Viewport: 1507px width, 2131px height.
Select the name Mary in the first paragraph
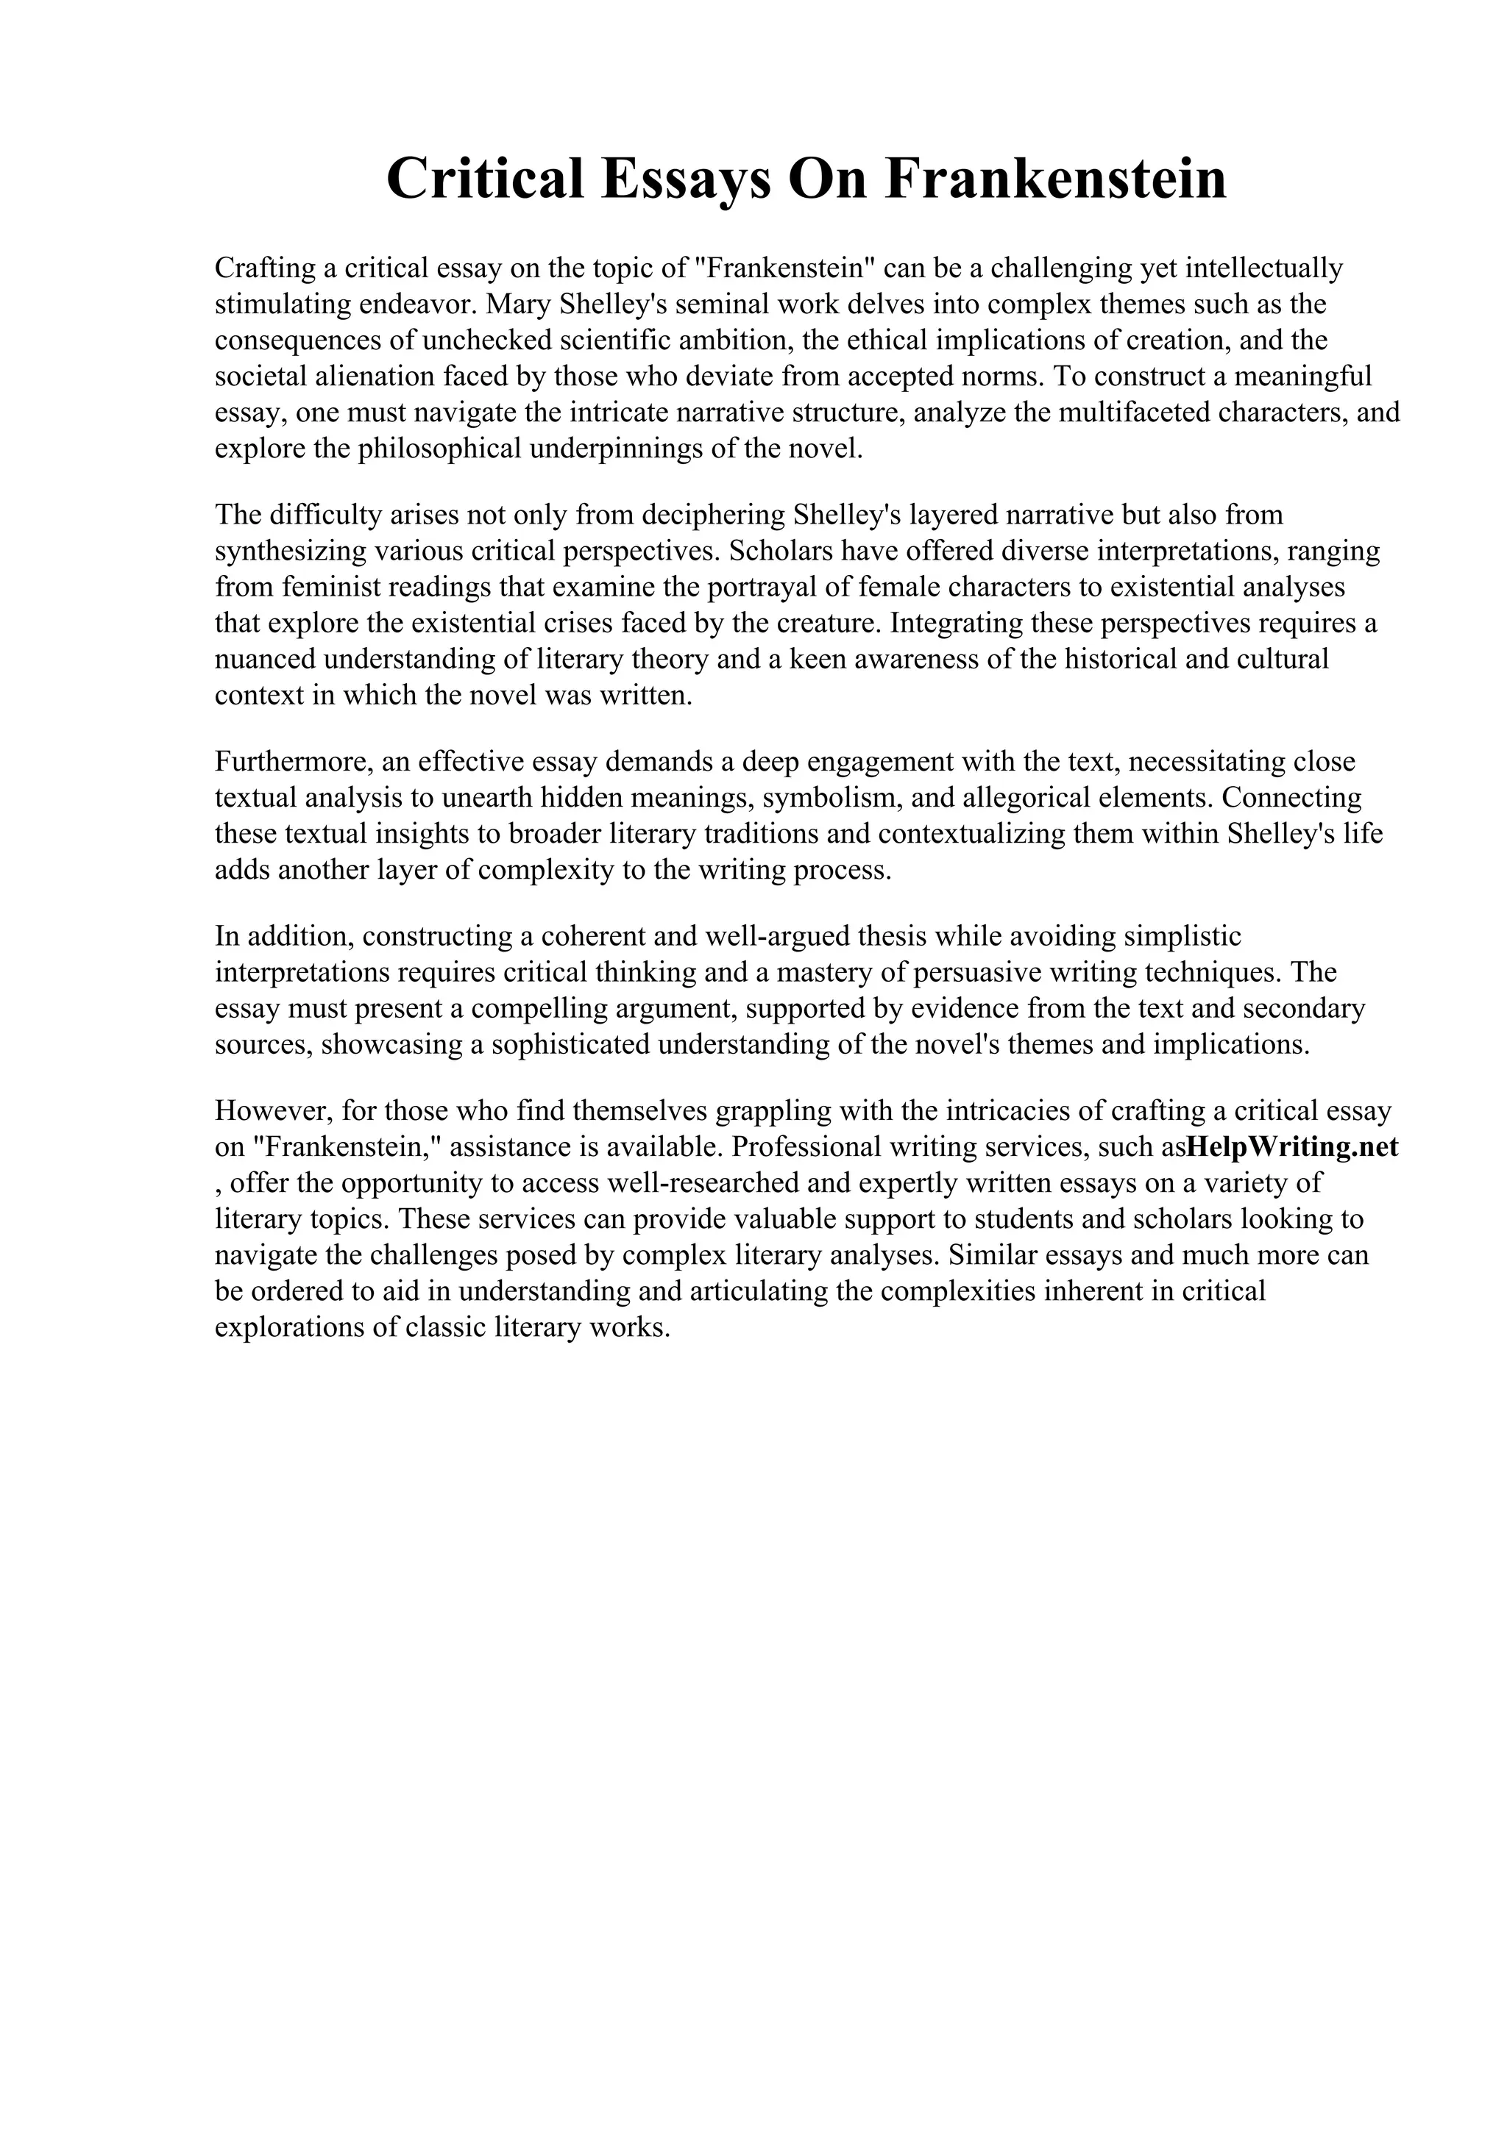[x=521, y=304]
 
